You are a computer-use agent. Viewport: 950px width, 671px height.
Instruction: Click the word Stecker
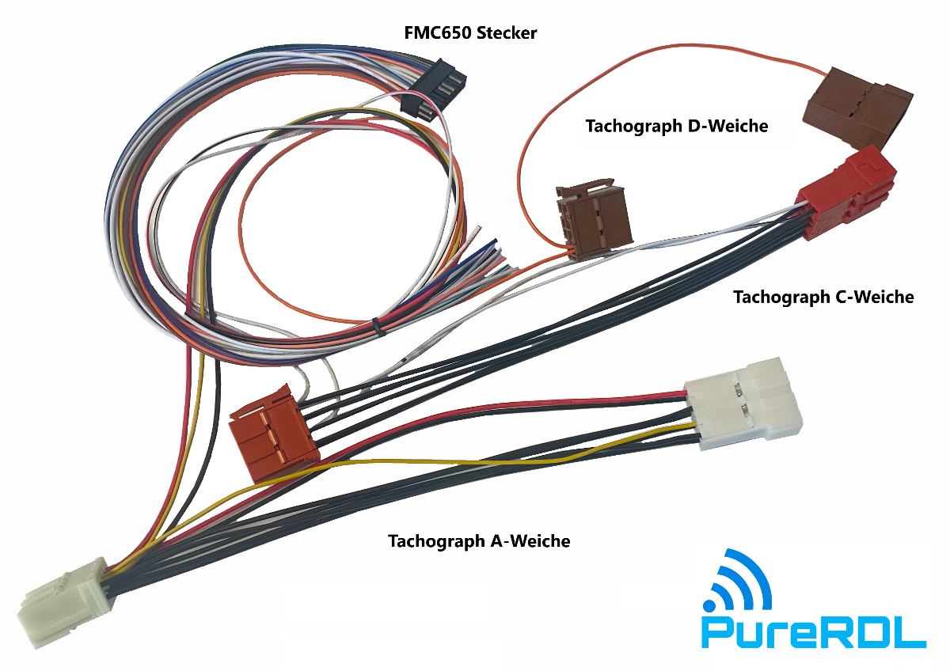pos(508,33)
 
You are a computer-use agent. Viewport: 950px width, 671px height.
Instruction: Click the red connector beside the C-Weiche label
pos(848,194)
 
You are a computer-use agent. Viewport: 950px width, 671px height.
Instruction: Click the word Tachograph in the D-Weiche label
pos(631,126)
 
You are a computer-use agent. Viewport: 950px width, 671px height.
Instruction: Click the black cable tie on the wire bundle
pos(374,325)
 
